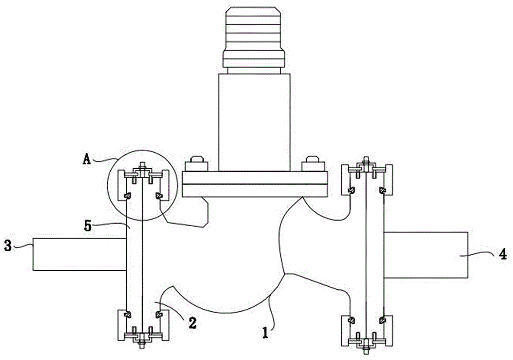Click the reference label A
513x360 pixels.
86,159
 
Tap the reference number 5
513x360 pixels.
88,226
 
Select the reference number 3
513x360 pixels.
8,246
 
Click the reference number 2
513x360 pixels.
192,323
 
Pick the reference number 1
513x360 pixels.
266,333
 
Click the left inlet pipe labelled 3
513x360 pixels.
80,254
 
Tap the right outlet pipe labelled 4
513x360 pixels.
426,255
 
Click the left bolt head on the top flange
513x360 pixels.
196,164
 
